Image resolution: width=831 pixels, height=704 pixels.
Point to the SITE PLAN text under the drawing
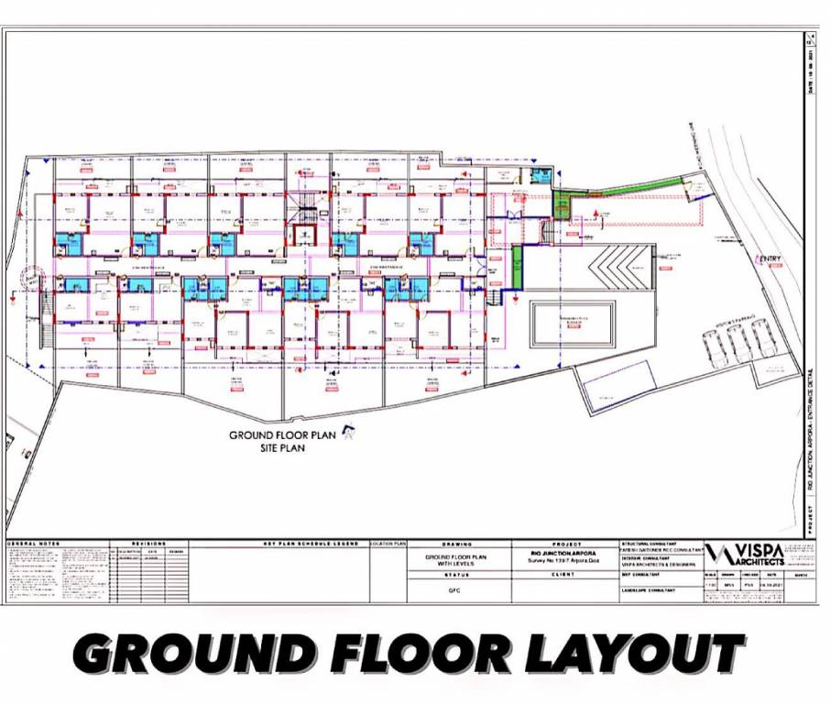[281, 449]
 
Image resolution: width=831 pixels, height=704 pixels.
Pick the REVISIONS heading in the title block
[149, 544]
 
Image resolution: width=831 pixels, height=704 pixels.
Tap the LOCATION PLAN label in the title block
[388, 544]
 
